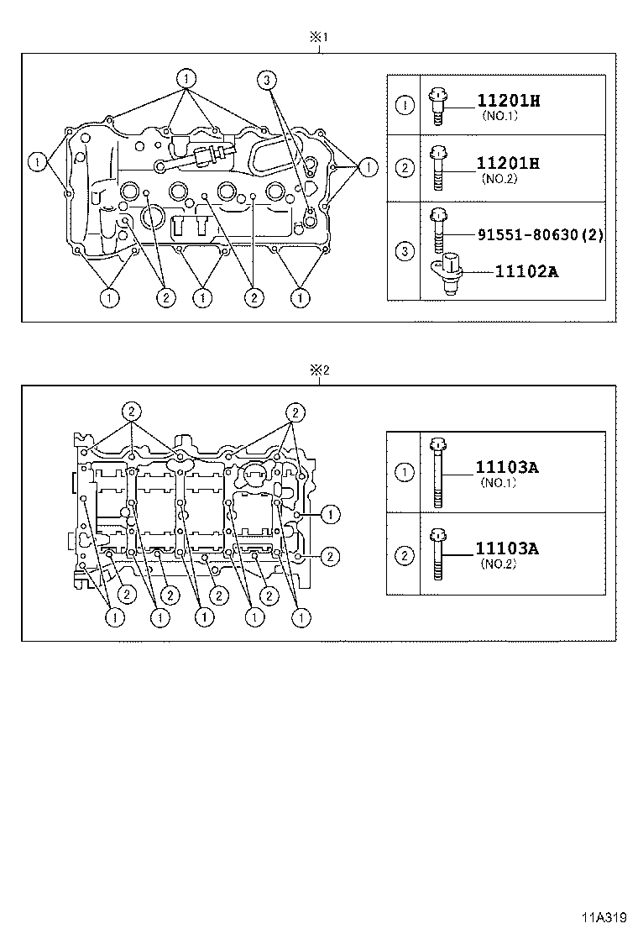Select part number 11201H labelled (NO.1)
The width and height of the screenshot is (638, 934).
pos(508,102)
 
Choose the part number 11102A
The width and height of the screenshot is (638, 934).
pos(526,272)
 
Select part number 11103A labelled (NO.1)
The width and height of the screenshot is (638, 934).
pos(506,467)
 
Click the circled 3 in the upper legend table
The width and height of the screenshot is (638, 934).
pos(404,251)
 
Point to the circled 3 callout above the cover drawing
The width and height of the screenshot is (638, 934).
pos(265,80)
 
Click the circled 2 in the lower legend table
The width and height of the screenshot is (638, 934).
pos(404,554)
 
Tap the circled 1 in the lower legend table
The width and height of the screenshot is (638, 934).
pos(404,472)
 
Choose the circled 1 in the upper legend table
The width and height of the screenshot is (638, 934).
pos(404,105)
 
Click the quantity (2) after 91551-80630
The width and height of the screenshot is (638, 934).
pos(593,234)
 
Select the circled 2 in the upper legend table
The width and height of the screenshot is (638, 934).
pos(404,168)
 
